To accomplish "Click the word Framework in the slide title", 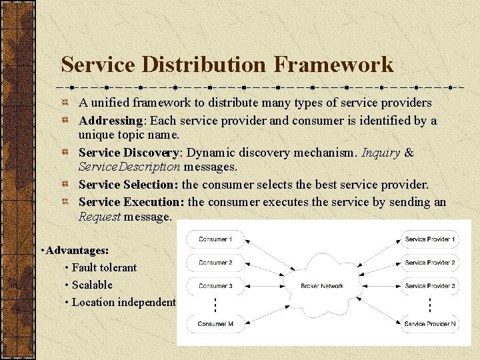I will tap(333, 65).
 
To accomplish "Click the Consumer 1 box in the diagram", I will tap(214, 239).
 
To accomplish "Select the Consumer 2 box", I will tap(214, 263).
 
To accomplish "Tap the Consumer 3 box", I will tap(214, 286).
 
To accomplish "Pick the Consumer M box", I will tap(214, 324).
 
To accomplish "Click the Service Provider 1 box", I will tap(430, 239).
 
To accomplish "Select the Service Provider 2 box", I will tap(430, 263).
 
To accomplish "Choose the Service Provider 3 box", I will tap(430, 286).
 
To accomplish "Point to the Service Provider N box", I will tap(430, 324).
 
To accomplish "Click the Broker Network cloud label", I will tap(322, 286).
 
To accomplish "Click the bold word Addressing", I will tap(111, 121).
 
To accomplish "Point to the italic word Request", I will tap(99, 217).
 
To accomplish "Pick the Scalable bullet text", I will tap(92, 285).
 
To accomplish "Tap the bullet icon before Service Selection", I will tap(66, 185).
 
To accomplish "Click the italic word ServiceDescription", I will tap(129, 167).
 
